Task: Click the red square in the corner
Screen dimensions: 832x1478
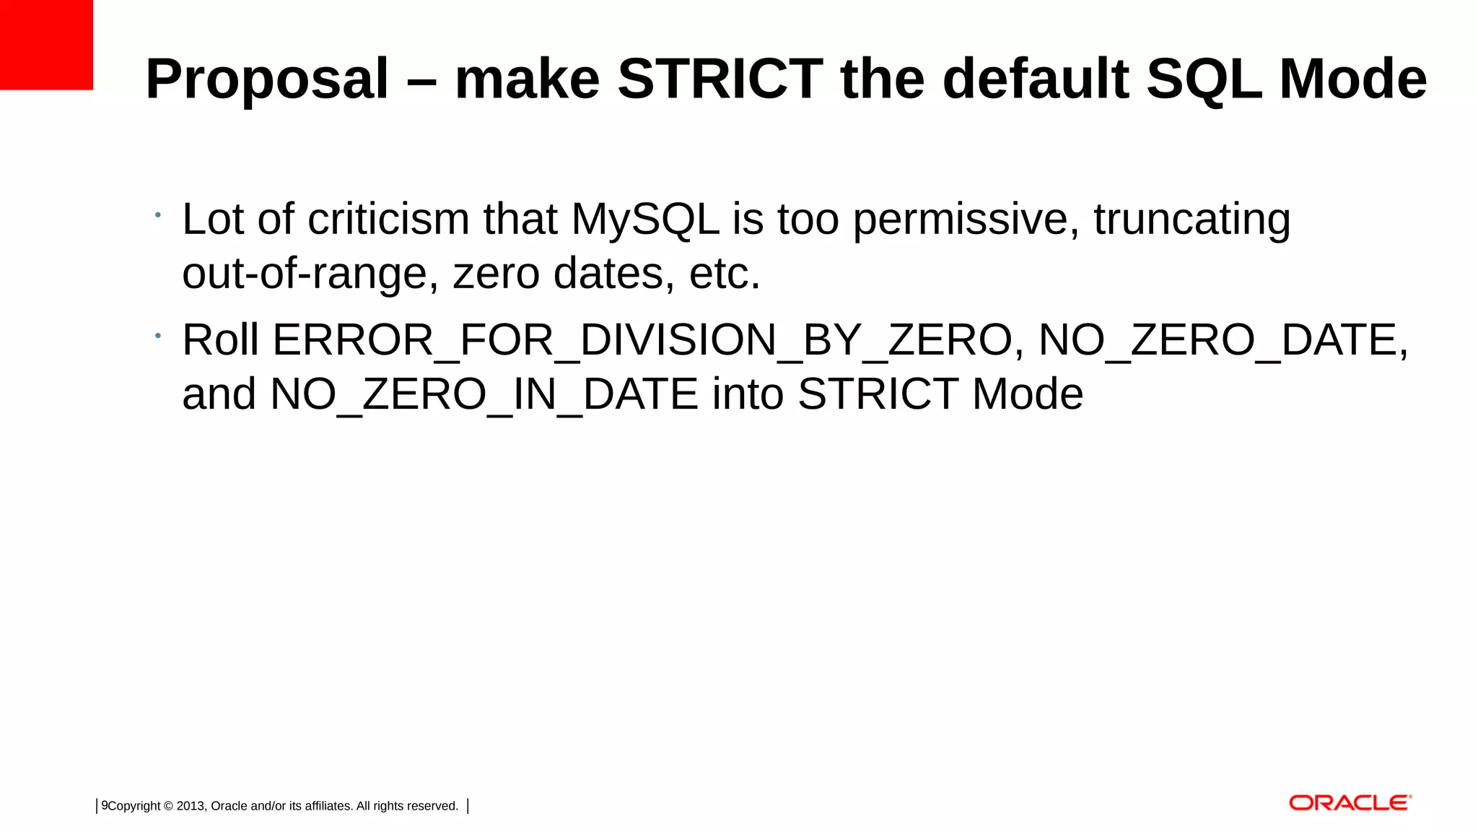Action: (46, 45)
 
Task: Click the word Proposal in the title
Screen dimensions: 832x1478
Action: (267, 79)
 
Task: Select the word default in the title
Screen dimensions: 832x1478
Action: (1036, 79)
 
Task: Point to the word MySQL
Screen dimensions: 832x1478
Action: (645, 220)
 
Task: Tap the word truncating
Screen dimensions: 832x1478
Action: (1191, 220)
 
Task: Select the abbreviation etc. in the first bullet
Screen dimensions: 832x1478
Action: (725, 274)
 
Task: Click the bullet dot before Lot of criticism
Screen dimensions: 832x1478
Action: (157, 214)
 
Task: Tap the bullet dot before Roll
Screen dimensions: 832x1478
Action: (157, 335)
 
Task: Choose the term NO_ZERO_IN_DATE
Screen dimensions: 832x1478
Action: (484, 395)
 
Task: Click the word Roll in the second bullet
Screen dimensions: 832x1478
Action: (220, 340)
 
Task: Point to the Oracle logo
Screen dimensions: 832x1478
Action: (1350, 803)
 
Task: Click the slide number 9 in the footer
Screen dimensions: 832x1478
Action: (105, 805)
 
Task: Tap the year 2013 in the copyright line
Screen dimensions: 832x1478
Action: (191, 806)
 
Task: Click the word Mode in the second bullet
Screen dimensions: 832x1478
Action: (1027, 395)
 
